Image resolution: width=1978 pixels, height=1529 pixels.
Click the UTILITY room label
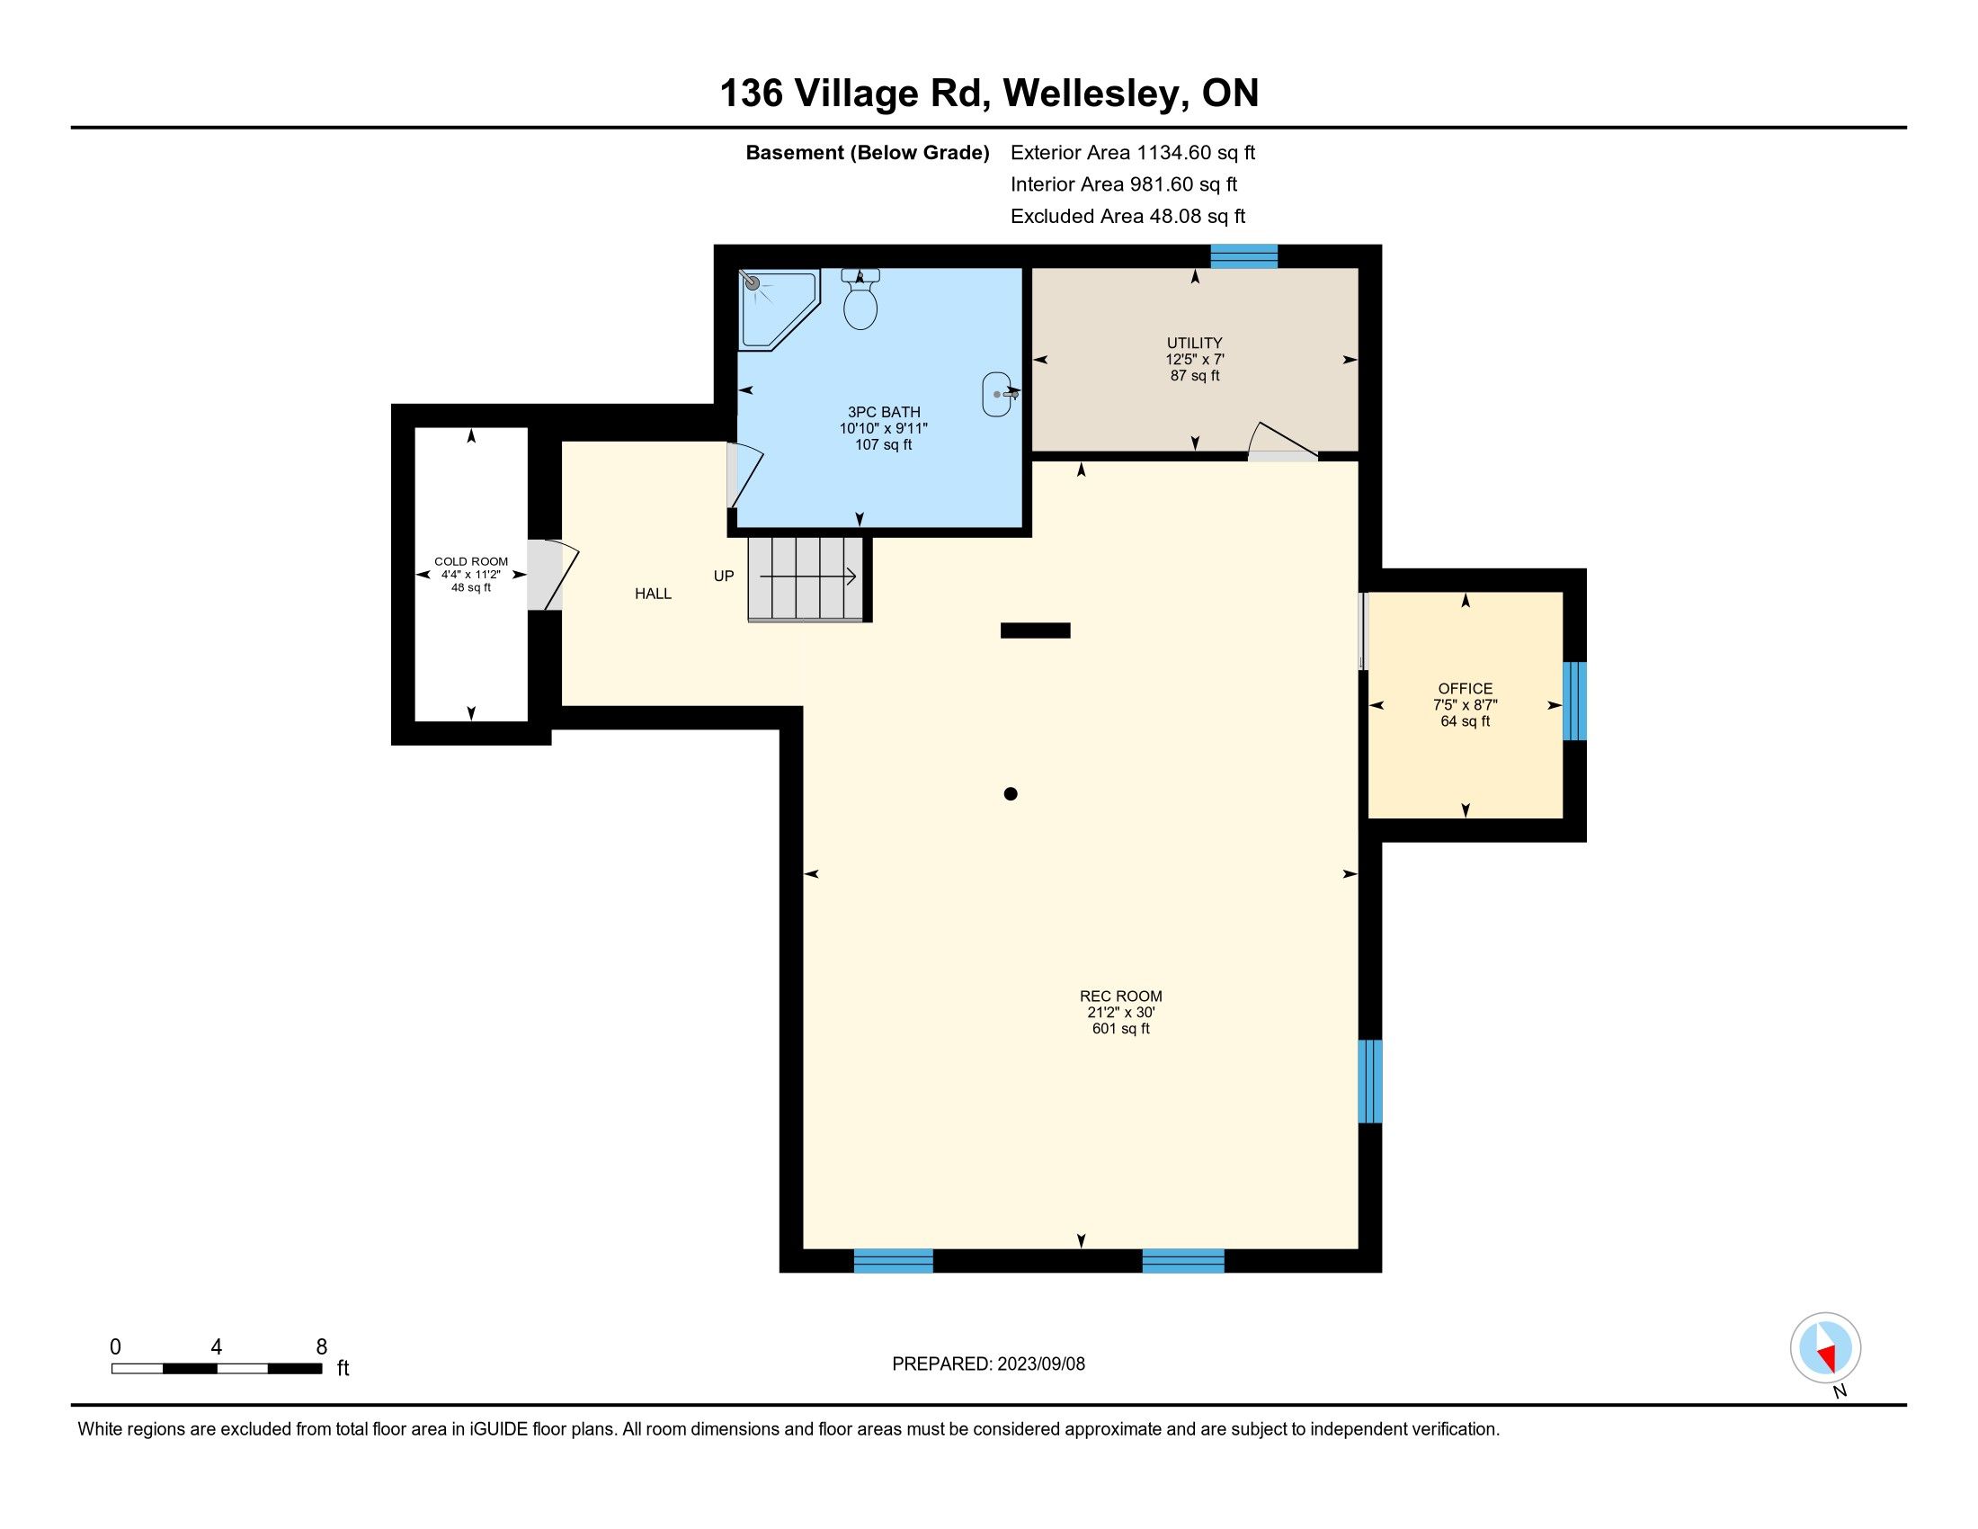point(1194,344)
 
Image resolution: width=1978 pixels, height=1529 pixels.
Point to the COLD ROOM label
point(471,561)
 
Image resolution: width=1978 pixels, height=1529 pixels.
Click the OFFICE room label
point(1465,688)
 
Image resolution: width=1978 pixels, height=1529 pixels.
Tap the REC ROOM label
point(1120,996)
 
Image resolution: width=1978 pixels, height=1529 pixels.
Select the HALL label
point(653,595)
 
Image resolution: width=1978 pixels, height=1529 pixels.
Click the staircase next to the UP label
point(806,579)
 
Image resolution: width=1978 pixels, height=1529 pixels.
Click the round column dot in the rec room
point(1011,794)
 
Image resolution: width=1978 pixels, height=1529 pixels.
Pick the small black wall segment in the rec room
point(1035,630)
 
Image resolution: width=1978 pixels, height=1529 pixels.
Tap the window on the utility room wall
point(1244,256)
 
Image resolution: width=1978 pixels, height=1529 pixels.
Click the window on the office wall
point(1575,702)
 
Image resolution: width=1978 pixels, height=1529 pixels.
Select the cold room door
point(552,576)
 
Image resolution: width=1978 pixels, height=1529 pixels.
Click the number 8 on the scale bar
point(322,1347)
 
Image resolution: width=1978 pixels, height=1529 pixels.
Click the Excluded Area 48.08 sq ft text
point(1127,217)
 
